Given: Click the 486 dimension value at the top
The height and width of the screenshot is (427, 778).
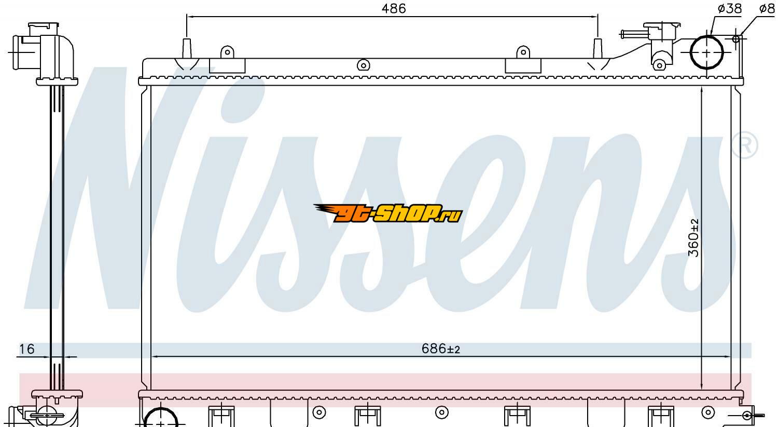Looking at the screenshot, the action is click(394, 8).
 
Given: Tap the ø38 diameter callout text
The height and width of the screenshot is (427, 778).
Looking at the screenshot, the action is click(729, 8).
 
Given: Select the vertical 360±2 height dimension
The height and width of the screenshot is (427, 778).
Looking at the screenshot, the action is click(693, 238).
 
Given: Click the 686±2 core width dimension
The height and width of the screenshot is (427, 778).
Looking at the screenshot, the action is click(441, 349).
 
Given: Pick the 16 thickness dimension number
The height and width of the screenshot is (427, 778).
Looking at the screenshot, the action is click(27, 349).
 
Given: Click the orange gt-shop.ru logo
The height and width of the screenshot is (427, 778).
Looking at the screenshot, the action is click(388, 213).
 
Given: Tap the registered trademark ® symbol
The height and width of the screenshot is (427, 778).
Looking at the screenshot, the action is click(745, 145).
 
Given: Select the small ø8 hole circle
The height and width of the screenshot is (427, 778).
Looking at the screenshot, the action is click(735, 39).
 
